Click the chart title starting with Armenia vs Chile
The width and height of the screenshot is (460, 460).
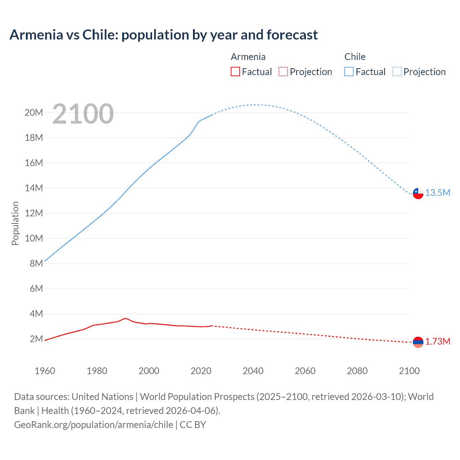(x=164, y=35)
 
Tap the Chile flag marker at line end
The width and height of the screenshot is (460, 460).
(x=418, y=193)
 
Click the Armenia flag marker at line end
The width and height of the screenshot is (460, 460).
(x=418, y=342)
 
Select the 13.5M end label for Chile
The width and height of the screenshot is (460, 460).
(x=438, y=193)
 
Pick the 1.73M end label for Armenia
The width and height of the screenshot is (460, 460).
(x=438, y=342)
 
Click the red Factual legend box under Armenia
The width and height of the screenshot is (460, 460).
(x=235, y=72)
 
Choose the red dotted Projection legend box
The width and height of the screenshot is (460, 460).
(x=283, y=72)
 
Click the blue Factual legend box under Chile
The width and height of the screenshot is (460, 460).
(x=349, y=72)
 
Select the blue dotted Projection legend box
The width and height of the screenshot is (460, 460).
(x=397, y=72)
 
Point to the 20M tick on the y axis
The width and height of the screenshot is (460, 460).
(x=34, y=113)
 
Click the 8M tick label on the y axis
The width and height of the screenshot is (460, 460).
(x=36, y=264)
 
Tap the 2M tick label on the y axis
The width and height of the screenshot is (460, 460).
(x=36, y=339)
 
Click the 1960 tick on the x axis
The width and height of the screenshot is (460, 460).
(x=45, y=371)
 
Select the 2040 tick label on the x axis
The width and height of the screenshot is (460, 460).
(x=253, y=371)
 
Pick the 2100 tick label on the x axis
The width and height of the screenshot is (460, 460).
(x=409, y=371)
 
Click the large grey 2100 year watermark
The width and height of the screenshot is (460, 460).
(x=83, y=114)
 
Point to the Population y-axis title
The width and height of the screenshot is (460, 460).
(x=15, y=223)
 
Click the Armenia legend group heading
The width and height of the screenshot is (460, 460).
(x=248, y=57)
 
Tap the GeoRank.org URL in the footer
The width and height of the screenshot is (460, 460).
(x=93, y=425)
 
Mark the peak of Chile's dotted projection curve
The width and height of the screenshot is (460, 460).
(x=255, y=105)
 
